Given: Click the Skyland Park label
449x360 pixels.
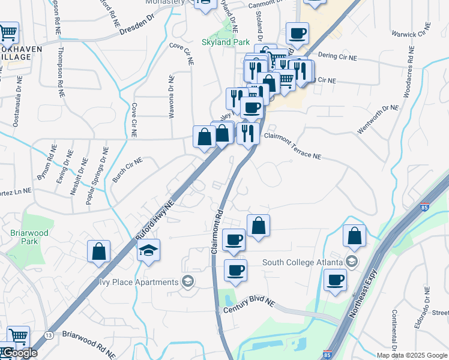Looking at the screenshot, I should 224,43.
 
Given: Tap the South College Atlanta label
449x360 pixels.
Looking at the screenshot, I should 303,262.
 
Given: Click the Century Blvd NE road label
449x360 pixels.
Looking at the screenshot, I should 249,305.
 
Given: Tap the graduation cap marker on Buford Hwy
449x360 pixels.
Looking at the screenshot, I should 148,251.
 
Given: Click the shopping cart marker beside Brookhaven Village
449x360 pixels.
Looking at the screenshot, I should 8,32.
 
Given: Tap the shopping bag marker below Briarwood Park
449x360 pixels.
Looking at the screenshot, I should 99,251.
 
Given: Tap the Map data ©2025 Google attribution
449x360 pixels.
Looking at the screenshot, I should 412,355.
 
